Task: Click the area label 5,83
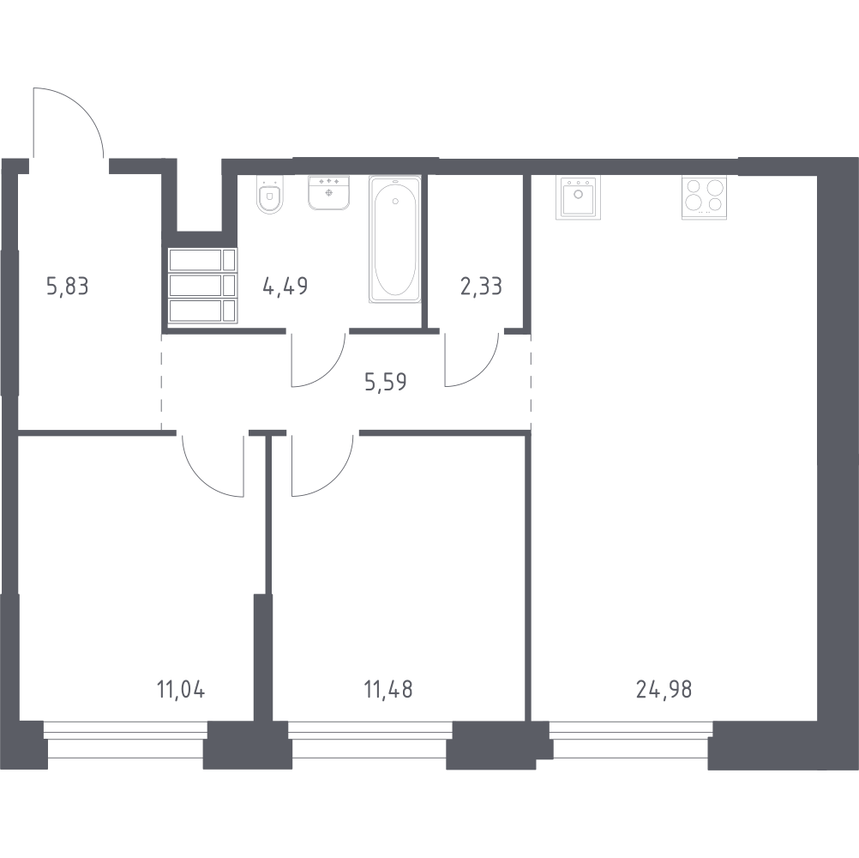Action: click(x=68, y=287)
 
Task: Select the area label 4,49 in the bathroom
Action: click(x=285, y=286)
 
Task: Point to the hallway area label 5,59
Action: click(x=386, y=382)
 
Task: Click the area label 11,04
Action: click(x=181, y=689)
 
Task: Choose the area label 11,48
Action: click(x=388, y=689)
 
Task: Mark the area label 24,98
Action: click(x=664, y=689)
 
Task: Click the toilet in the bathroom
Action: click(x=269, y=195)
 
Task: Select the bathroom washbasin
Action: click(x=328, y=192)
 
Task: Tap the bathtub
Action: click(x=395, y=239)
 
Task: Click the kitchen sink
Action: click(x=578, y=197)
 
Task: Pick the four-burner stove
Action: click(x=704, y=197)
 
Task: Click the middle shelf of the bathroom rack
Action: click(x=202, y=285)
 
